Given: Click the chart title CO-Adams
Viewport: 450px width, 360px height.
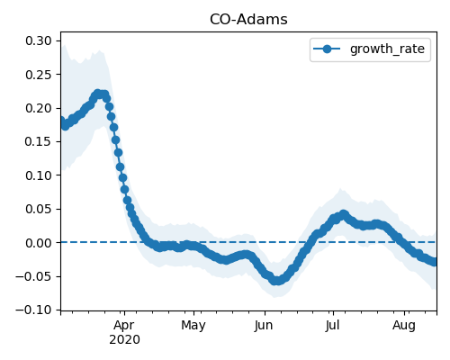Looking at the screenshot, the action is tap(248, 20).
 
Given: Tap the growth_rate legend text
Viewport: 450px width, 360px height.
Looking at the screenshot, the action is tap(387, 49).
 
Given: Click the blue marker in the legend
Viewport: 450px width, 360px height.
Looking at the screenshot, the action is tap(327, 49).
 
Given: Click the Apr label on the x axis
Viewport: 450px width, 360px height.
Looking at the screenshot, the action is tap(124, 326).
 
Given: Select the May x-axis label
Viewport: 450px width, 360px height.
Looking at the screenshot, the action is tap(193, 326).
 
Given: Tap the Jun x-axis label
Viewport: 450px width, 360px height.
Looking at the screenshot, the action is tap(264, 326).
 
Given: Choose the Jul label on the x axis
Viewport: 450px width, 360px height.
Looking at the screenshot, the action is tap(333, 326).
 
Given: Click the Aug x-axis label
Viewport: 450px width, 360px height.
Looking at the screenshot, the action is tap(404, 326).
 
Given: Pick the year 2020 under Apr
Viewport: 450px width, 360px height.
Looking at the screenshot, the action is tap(124, 340).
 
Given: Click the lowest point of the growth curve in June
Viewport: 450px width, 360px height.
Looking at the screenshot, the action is tap(277, 281).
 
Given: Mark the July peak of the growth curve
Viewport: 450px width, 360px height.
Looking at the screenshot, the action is tap(344, 214).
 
